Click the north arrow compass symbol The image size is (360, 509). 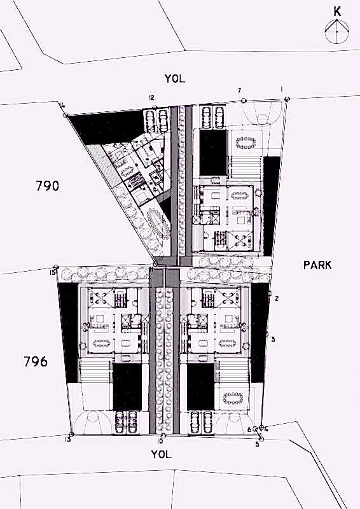tap(337, 31)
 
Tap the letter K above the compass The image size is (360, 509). tap(337, 11)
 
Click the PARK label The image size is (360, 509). tap(317, 265)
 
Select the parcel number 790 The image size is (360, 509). tap(48, 186)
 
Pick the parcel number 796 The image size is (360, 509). tap(36, 361)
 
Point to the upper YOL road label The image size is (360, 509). tap(175, 78)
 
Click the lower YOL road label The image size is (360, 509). tap(161, 454)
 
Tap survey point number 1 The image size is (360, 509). tap(282, 89)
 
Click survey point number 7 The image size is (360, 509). tap(239, 90)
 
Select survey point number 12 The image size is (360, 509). tap(151, 97)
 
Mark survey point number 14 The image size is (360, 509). tap(61, 105)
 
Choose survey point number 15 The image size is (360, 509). tap(53, 272)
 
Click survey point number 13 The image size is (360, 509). tap(67, 440)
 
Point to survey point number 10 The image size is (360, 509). tap(160, 441)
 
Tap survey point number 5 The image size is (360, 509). tap(257, 445)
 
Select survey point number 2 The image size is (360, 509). tap(277, 298)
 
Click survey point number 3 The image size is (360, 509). tap(273, 340)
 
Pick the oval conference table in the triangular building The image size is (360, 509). tap(158, 223)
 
